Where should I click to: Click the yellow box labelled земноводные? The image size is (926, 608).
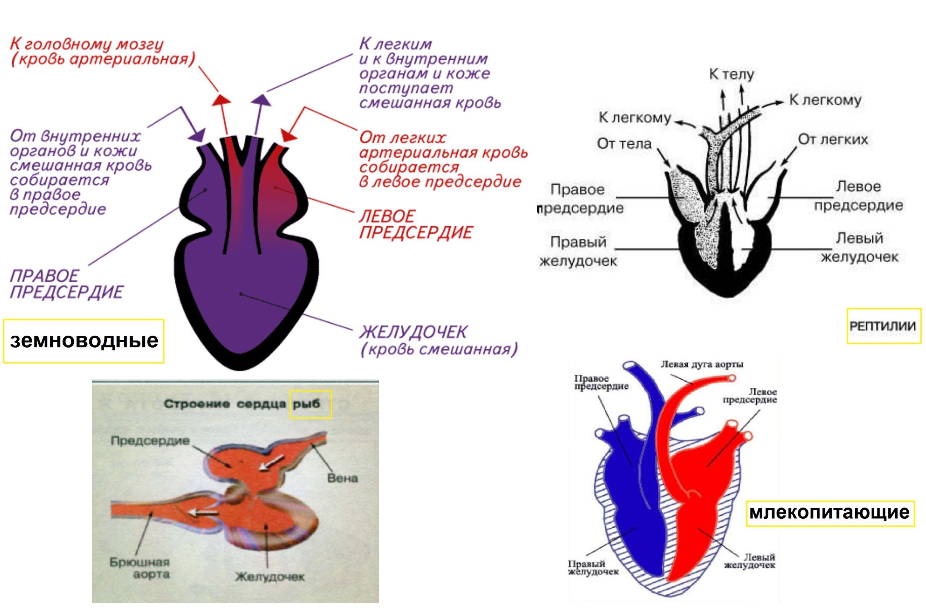tap(84, 341)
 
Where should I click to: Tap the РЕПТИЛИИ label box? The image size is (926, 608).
tap(883, 326)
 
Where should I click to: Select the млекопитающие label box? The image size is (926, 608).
tap(830, 513)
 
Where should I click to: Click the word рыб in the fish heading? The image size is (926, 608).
tap(310, 404)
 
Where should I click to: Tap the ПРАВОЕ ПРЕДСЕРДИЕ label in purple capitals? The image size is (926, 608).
tap(66, 284)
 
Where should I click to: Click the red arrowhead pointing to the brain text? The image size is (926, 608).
tap(221, 99)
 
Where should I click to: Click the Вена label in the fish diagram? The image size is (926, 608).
tap(343, 478)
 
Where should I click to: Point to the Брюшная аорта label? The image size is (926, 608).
tap(140, 568)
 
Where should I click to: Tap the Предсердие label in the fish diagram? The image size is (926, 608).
tap(150, 441)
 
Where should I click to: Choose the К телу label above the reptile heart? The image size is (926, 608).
tap(731, 74)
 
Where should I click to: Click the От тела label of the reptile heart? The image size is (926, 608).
tap(624, 144)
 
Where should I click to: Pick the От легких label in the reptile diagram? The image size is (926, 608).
tap(833, 139)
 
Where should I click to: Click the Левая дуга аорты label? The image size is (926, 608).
tap(702, 365)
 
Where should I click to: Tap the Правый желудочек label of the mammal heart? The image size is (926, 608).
tap(593, 567)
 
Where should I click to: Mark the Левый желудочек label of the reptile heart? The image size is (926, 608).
tap(859, 247)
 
